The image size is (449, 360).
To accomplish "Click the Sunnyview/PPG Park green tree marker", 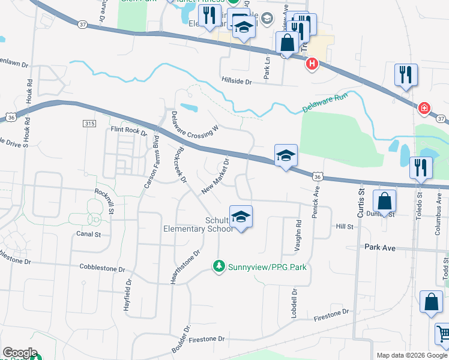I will click(x=220, y=266).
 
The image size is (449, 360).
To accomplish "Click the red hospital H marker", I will click(x=312, y=64).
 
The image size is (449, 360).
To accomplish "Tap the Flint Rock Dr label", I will click(x=128, y=130).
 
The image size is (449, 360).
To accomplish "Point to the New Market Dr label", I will click(x=216, y=176).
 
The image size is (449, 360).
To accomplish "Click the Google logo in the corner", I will click(x=20, y=353).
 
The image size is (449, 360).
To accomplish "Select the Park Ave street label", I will click(x=380, y=247).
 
